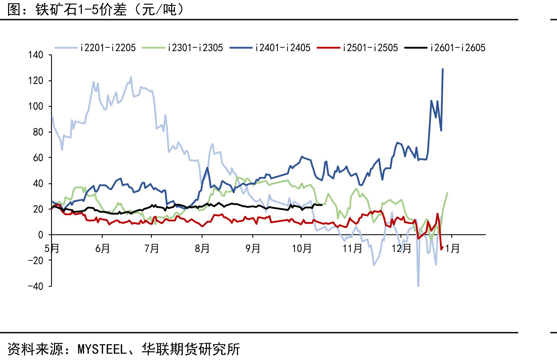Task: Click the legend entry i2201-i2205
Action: point(95,48)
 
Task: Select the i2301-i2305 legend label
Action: point(182,48)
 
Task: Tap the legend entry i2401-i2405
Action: point(270,48)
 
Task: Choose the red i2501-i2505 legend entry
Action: point(358,48)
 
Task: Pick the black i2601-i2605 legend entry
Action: point(445,48)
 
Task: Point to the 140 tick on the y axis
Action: point(36,55)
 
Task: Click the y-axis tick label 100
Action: point(36,106)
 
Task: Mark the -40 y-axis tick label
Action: point(36,286)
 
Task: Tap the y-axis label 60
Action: point(38,158)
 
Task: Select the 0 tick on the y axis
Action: point(41,235)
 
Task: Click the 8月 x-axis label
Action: point(202,248)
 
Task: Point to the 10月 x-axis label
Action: point(302,248)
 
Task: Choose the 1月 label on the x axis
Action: point(452,248)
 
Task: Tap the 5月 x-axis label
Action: point(52,248)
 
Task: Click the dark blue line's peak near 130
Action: point(443,69)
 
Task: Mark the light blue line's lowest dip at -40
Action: point(418,286)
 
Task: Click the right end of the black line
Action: point(322,205)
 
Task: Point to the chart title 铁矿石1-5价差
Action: point(81,10)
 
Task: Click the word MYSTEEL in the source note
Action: point(102,349)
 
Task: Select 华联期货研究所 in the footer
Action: point(191,349)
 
